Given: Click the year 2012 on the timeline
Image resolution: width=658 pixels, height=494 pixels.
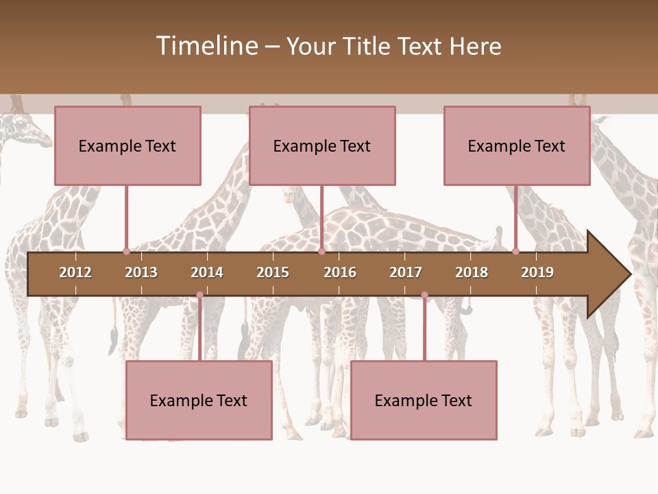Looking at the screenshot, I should [x=75, y=272].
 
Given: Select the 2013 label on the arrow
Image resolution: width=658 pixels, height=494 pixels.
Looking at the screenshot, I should [x=141, y=272].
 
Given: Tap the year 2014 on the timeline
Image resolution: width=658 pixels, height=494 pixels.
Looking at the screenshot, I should [x=207, y=272].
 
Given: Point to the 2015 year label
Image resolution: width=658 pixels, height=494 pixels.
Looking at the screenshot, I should [x=273, y=272].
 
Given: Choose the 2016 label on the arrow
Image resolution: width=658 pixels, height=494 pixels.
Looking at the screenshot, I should [x=340, y=272].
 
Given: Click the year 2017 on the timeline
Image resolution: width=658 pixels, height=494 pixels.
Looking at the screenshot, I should [x=406, y=272].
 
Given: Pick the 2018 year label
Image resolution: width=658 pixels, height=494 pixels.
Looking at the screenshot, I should [x=472, y=272].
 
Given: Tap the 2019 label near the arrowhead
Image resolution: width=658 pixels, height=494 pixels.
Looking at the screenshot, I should [x=537, y=272].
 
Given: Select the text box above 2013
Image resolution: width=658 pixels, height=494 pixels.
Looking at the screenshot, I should [x=127, y=145].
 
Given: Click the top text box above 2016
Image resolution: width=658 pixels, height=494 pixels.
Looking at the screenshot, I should [x=322, y=145].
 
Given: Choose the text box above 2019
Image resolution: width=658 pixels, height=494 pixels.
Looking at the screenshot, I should [x=517, y=145].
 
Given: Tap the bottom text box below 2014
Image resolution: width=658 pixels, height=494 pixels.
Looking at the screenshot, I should [x=199, y=400].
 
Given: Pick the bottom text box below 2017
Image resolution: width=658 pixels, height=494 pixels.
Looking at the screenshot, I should [x=424, y=400].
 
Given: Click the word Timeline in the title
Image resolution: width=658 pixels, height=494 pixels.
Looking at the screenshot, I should [x=206, y=46].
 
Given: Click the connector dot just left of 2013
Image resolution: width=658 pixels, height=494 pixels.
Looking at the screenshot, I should [x=126, y=251].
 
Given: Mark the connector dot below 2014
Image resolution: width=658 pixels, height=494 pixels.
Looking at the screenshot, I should [x=199, y=295].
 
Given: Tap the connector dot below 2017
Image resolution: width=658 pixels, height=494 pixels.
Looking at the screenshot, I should [x=424, y=295].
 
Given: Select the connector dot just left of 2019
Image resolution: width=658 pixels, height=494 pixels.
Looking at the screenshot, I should [x=515, y=251].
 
